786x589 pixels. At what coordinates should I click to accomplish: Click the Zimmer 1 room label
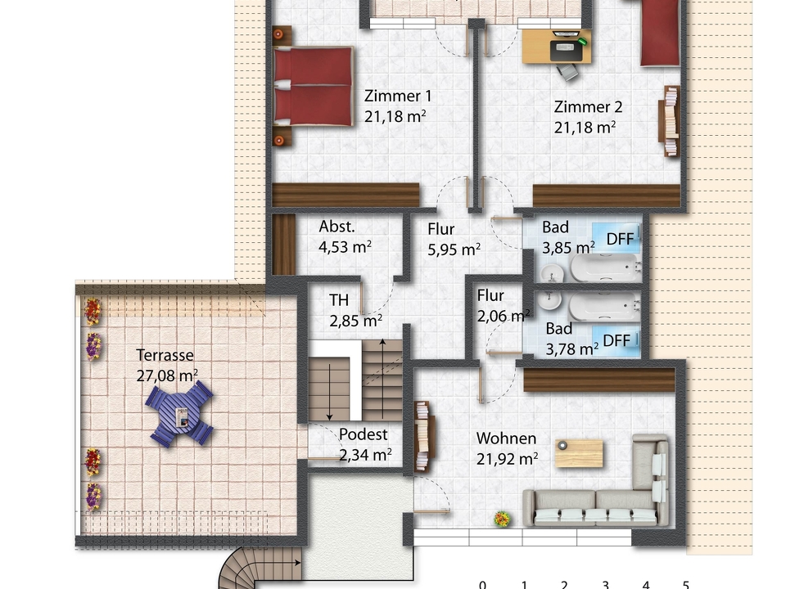coord(397,96)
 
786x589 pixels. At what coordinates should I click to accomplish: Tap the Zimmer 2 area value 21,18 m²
coord(585,127)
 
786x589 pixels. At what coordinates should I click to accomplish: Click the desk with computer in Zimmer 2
coord(557,46)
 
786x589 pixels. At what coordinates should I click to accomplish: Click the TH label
coord(339,300)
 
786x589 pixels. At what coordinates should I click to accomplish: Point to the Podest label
coord(363,434)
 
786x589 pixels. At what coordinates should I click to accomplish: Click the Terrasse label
coord(165,355)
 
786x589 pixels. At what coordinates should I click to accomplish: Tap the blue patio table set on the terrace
coord(180,415)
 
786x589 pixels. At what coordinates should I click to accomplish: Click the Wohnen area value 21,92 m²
coord(507,459)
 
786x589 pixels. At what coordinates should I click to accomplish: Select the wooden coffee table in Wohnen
coord(579,453)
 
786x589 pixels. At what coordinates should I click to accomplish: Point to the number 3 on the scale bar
coord(605,583)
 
